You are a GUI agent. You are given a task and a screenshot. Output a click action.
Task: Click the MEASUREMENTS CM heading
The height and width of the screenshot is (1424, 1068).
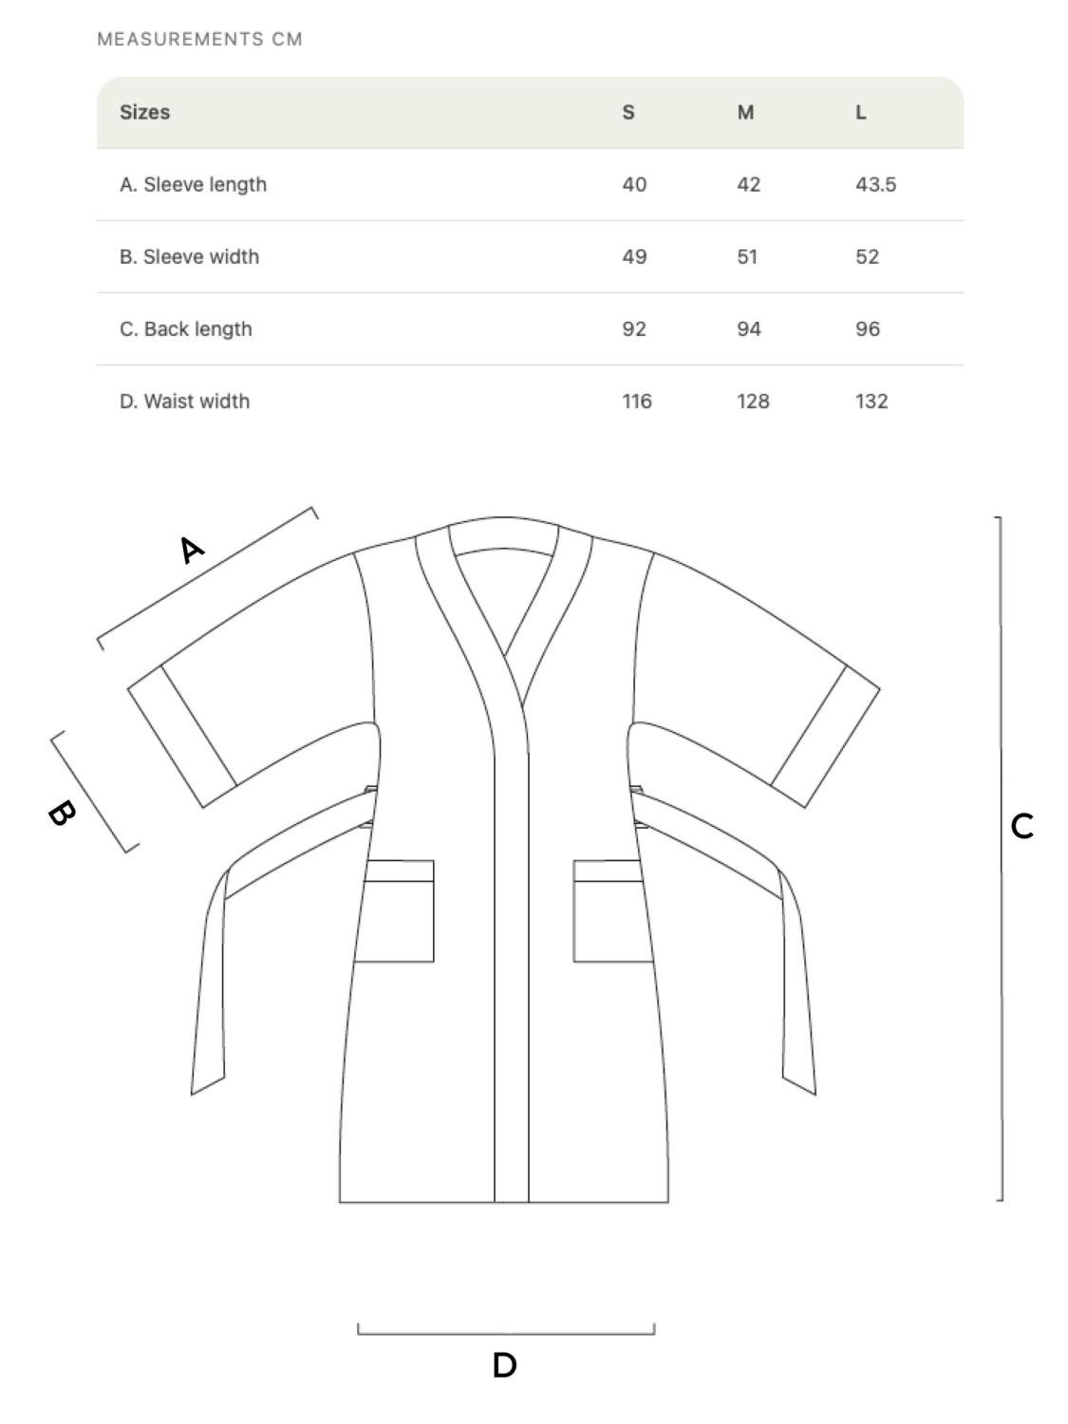(x=199, y=40)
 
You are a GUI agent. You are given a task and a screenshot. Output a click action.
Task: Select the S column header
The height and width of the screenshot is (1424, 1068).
(x=628, y=112)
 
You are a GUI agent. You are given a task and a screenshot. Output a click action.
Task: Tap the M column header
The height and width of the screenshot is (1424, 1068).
(x=745, y=112)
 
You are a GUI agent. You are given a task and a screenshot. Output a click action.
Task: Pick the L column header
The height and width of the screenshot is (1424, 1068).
(x=861, y=112)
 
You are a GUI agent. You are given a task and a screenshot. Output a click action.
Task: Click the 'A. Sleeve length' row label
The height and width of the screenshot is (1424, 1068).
(x=193, y=184)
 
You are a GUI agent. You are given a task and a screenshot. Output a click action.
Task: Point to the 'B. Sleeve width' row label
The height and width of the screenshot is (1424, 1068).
(x=189, y=256)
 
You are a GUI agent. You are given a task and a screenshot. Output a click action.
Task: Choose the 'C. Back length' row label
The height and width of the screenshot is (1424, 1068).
(x=186, y=328)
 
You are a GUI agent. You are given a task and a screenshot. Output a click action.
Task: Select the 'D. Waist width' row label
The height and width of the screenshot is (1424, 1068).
(x=184, y=401)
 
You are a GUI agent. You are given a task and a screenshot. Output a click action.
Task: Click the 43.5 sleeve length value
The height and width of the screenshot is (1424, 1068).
(x=875, y=184)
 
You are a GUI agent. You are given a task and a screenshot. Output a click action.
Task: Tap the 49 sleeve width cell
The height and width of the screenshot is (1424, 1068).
(x=634, y=256)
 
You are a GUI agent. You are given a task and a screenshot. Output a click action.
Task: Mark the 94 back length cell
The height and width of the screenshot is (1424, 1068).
(x=749, y=328)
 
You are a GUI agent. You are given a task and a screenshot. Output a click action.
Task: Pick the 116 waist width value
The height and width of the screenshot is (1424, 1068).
(x=637, y=401)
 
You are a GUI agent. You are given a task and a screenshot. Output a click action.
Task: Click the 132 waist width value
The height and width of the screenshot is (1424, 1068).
(x=871, y=401)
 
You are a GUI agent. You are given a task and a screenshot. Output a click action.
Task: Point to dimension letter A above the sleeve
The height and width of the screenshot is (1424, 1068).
(x=192, y=549)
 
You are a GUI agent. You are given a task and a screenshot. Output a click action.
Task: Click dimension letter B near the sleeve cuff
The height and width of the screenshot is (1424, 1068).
(x=62, y=813)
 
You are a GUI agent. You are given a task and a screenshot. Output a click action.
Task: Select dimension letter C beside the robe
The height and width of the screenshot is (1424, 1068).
(x=1022, y=826)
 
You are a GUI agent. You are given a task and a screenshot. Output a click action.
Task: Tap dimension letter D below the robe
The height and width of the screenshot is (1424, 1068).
(x=505, y=1365)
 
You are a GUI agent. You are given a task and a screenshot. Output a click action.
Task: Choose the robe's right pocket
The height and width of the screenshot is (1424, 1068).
(x=611, y=911)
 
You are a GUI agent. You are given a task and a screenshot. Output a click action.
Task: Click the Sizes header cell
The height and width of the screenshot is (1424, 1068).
(x=145, y=112)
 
